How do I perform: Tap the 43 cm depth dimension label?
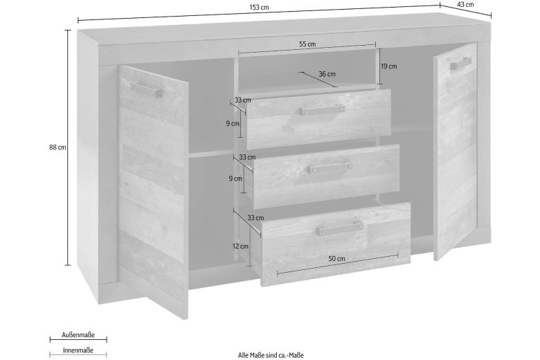(465, 4)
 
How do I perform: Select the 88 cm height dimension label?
(57, 147)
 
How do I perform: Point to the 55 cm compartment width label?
(307, 44)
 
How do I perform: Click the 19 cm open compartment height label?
(389, 66)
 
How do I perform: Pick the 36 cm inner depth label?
(327, 74)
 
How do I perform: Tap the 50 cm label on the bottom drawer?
(337, 259)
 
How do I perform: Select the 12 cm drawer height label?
(240, 246)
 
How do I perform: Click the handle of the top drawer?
(322, 110)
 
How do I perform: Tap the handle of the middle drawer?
(330, 168)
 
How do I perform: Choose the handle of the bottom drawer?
(340, 228)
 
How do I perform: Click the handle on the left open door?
(146, 89)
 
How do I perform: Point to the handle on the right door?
(460, 64)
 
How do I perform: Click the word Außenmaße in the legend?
(78, 335)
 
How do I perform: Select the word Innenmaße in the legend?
(78, 350)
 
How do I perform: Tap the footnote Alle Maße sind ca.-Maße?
(271, 355)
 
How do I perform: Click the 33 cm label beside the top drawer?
(243, 100)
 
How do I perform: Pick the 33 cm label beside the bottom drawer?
(255, 217)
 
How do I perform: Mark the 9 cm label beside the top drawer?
(233, 123)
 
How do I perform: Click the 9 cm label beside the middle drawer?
(235, 179)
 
